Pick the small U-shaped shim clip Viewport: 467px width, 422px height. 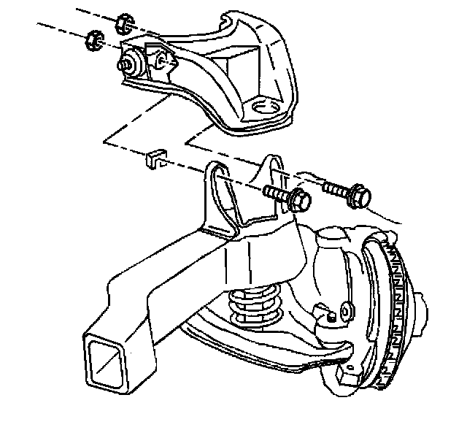pos(155,158)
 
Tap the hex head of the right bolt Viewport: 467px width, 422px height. pos(360,195)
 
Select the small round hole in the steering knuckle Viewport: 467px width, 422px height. pos(342,313)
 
